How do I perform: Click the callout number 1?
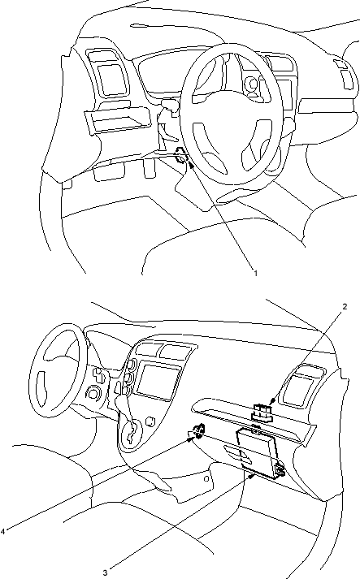255,273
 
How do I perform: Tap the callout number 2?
345,306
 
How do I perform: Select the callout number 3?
105,573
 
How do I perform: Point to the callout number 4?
2,531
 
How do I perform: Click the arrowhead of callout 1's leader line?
191,164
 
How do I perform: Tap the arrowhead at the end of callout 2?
272,401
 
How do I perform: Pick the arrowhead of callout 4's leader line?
191,438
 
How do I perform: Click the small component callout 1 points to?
181,155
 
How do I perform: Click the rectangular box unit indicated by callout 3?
258,452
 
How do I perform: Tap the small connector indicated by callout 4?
199,430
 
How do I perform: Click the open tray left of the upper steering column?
119,119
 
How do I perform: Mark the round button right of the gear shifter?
150,421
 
